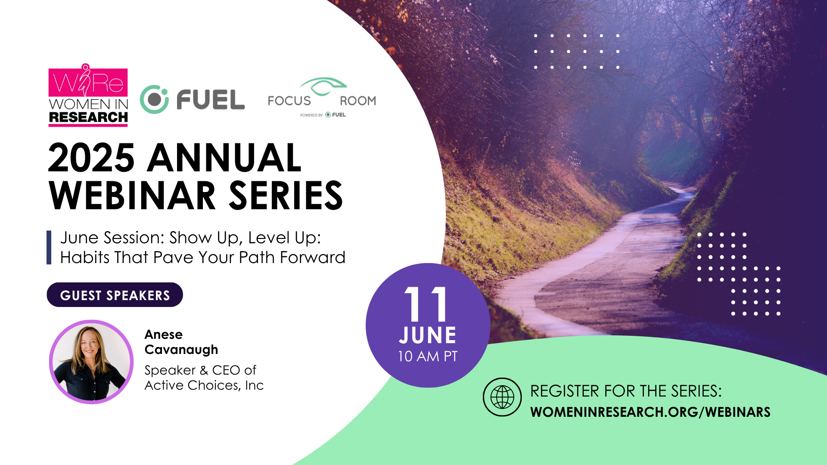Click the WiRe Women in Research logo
[x=88, y=95]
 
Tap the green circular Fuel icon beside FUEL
[x=154, y=99]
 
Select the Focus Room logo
[x=322, y=97]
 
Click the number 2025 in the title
[x=91, y=158]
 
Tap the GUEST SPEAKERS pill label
[x=115, y=295]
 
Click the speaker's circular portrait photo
[x=91, y=362]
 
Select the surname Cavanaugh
[x=181, y=350]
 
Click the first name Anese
[x=164, y=335]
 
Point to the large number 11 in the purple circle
[x=426, y=304]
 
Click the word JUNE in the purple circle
[x=428, y=335]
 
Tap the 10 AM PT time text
[x=428, y=356]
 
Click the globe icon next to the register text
[x=502, y=397]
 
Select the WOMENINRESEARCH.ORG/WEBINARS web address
[x=650, y=412]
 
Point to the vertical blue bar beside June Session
[x=49, y=248]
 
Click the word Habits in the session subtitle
[x=85, y=257]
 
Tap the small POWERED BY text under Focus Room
[x=311, y=115]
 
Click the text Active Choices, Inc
[x=204, y=385]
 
